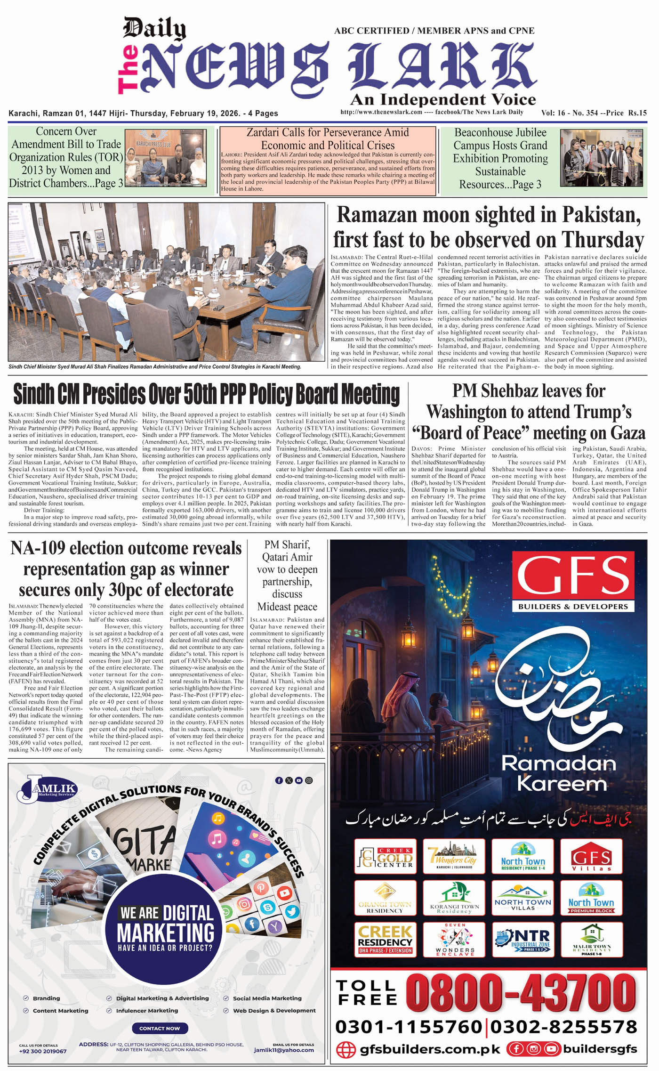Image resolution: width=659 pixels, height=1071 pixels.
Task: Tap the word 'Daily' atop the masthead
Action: (154, 28)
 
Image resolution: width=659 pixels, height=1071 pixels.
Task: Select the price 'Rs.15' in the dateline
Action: (637, 113)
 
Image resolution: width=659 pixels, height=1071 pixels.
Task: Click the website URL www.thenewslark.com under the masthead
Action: (381, 112)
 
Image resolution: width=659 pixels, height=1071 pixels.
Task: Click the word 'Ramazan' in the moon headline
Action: (377, 215)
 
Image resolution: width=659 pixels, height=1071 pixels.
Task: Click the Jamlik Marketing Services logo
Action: (47, 788)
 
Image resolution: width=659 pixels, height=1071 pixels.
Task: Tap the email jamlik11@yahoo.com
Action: (284, 1050)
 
